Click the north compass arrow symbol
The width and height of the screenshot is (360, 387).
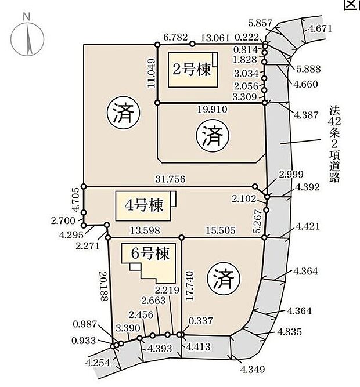[27, 38]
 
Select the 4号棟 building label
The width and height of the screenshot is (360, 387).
[143, 205]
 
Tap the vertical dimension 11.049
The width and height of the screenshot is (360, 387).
[151, 73]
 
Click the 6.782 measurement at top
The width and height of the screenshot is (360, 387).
[176, 38]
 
